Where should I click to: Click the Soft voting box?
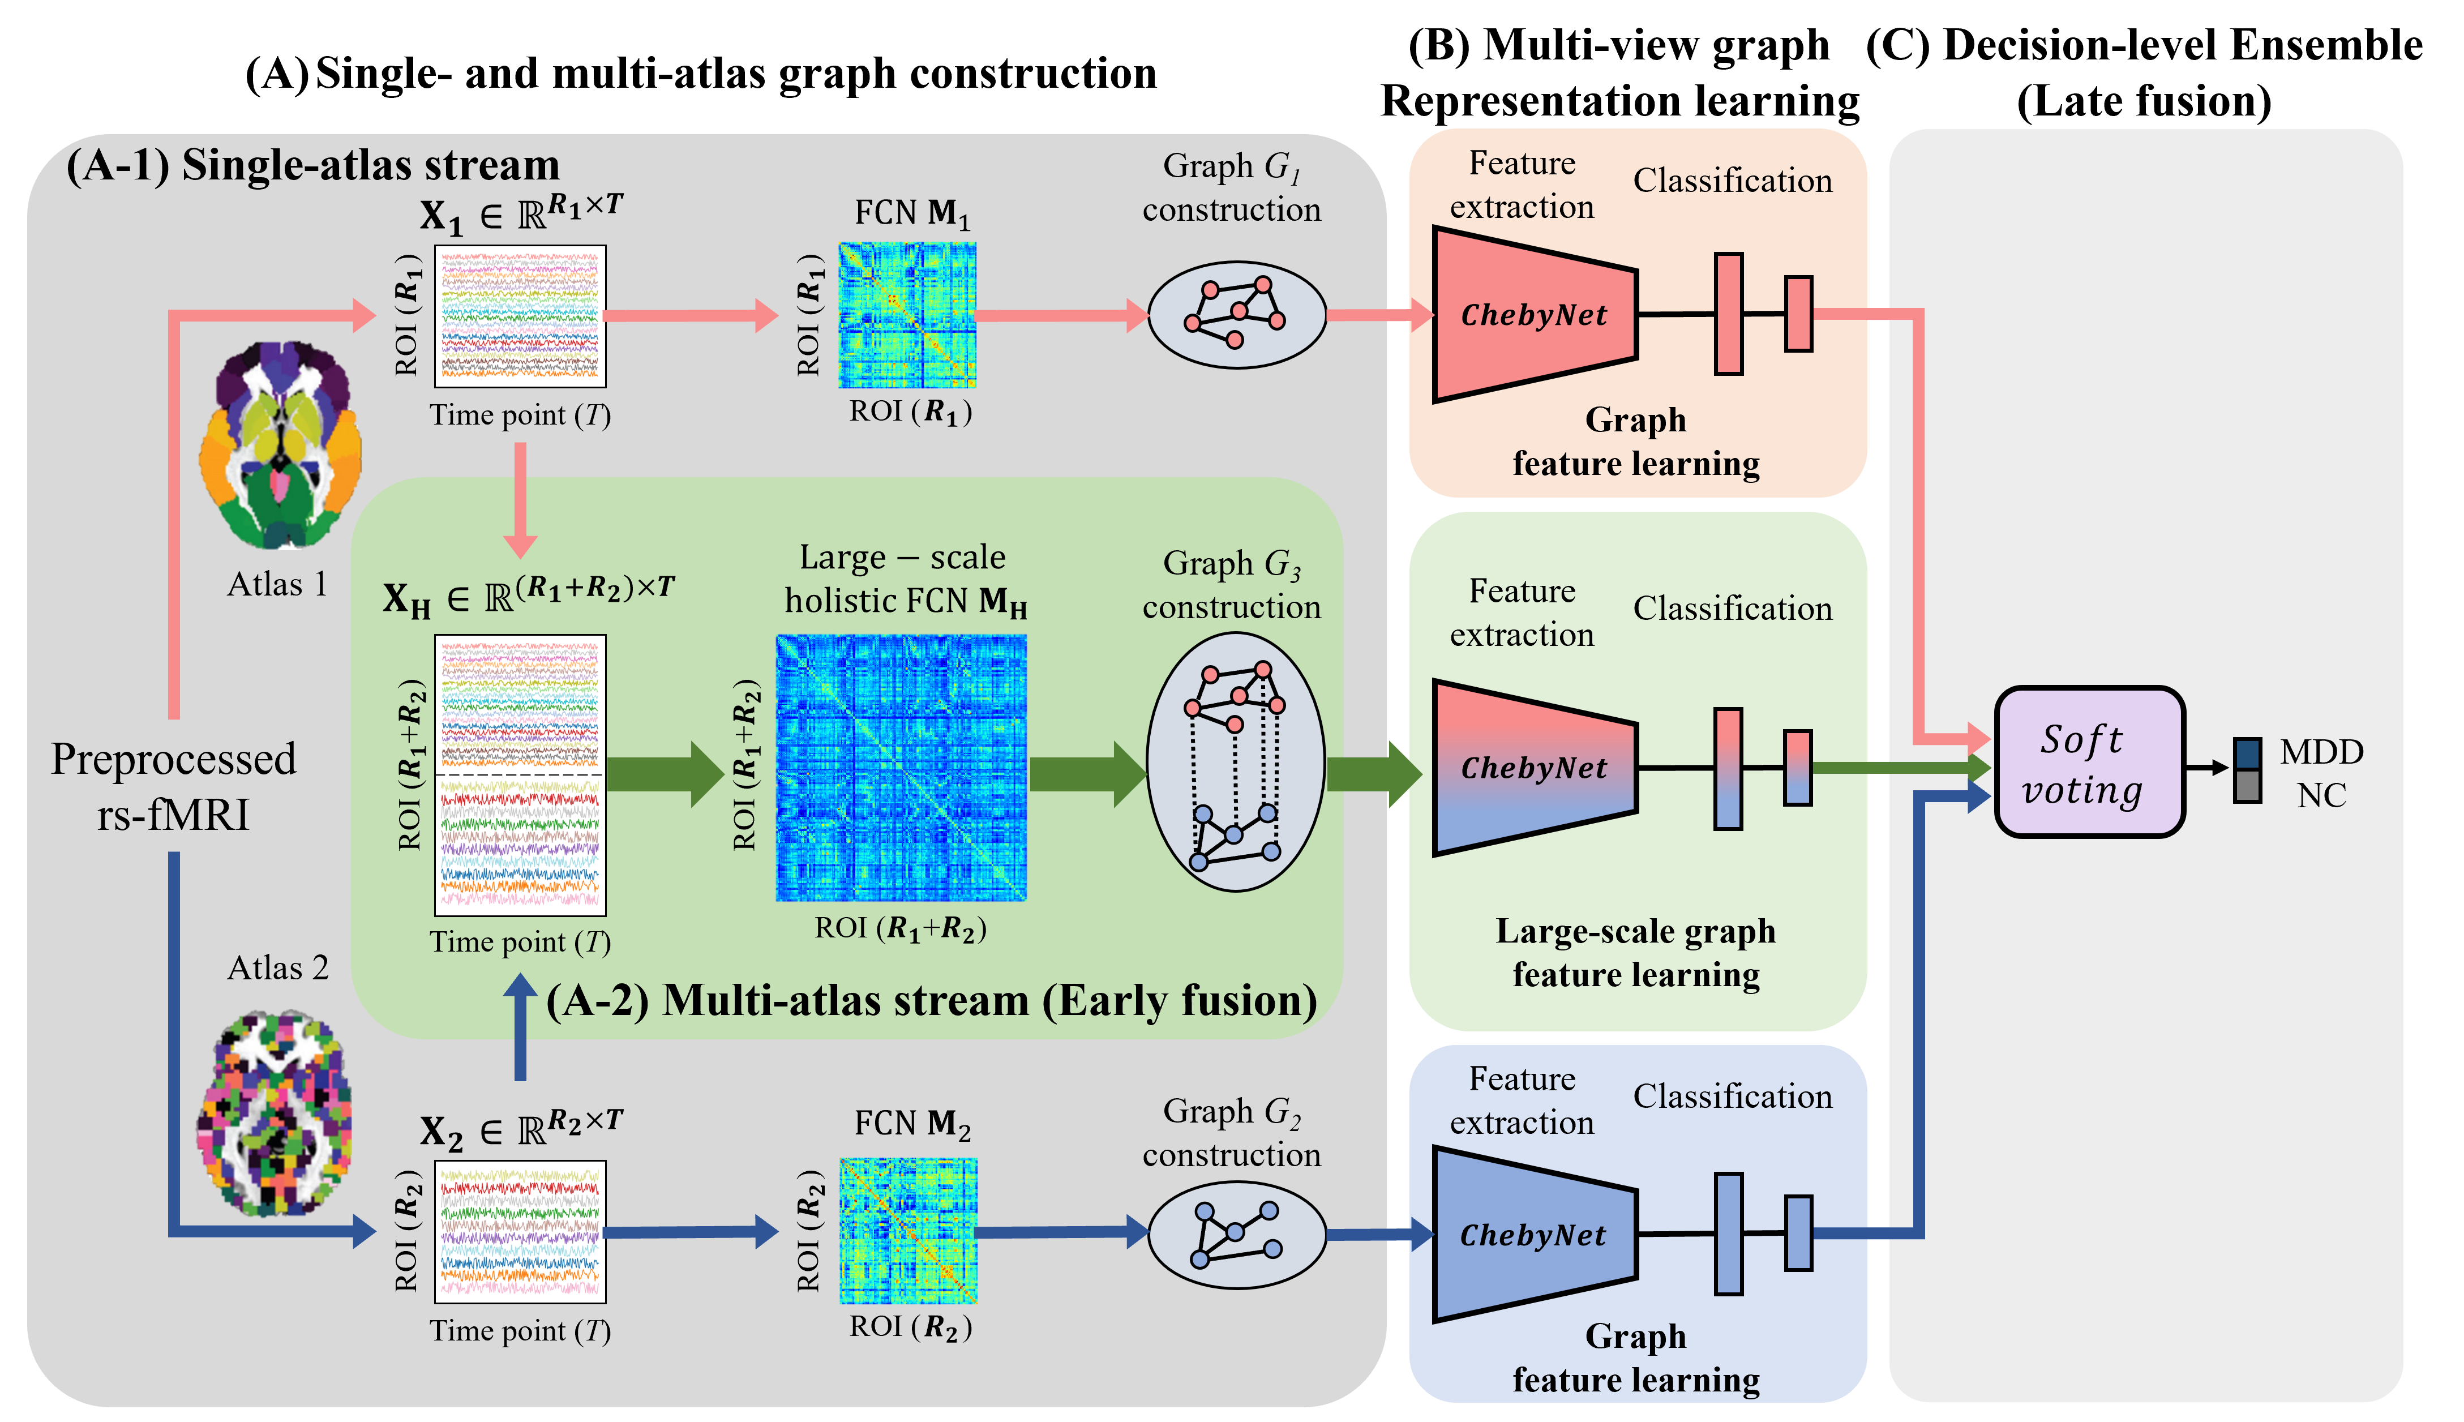2088,762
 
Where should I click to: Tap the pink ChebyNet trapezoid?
1533,315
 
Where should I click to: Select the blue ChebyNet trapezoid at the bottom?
1533,1235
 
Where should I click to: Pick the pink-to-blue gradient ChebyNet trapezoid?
1533,768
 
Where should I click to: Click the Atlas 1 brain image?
280,444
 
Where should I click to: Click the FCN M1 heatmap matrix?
907,315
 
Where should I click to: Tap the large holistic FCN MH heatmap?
901,768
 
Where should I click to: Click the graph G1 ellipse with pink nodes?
1236,315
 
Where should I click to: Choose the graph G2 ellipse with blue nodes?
1236,1235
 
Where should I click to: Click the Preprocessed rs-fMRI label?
174,786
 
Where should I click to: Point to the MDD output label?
2321,752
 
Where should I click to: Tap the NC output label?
2321,796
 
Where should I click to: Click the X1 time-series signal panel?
521,315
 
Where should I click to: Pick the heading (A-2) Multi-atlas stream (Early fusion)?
931,1001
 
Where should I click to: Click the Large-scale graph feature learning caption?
1636,952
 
